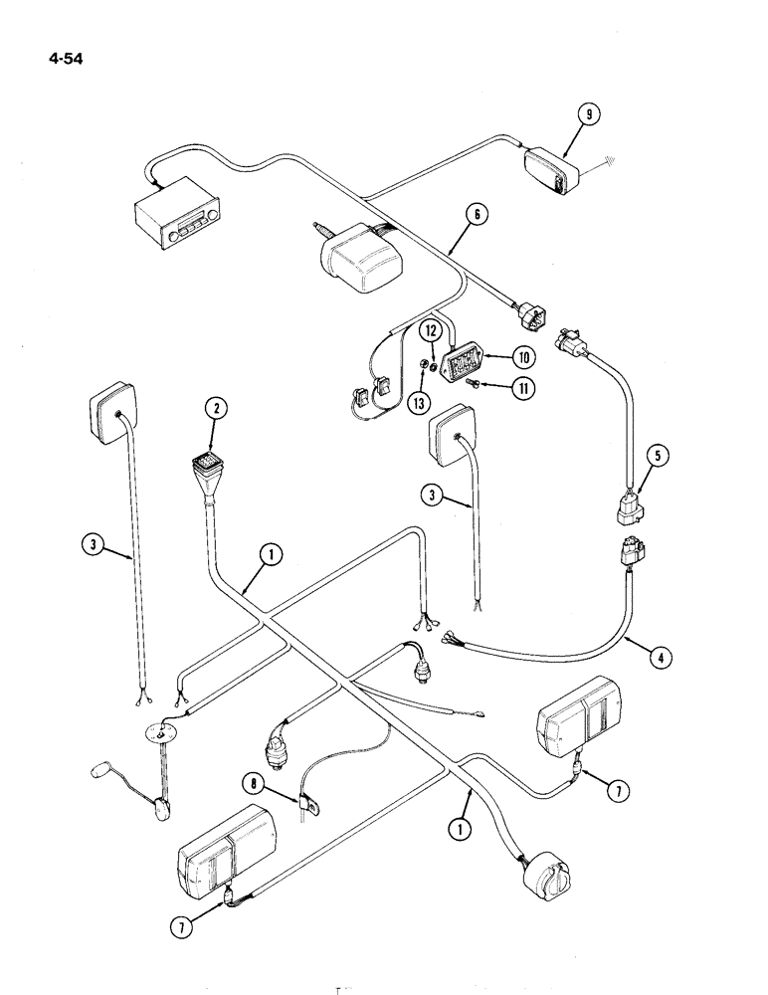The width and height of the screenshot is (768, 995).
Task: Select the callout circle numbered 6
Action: pyautogui.click(x=477, y=213)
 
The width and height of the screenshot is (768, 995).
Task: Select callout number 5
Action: pyautogui.click(x=657, y=457)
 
